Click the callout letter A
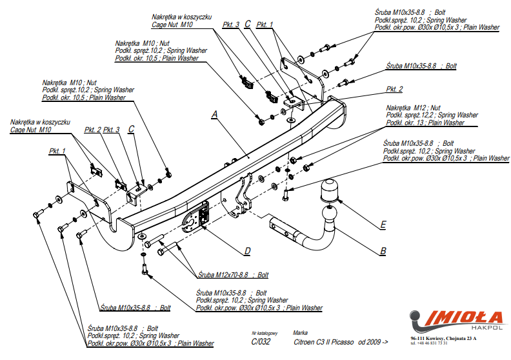coord(215,114)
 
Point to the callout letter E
coord(383,225)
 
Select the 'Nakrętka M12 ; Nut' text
coord(413,108)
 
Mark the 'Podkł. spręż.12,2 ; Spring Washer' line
coord(432,115)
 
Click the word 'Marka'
coord(300,334)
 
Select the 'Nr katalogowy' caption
coord(264,334)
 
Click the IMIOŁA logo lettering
coord(462,317)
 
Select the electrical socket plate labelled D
coord(195,217)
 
